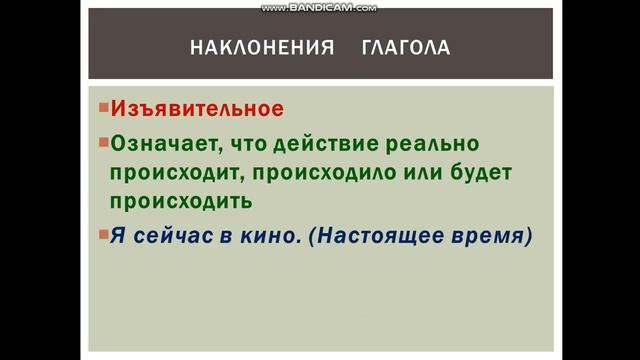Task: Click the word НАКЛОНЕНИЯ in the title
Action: (261, 47)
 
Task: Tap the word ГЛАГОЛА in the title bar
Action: (405, 47)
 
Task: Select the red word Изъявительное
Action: (197, 109)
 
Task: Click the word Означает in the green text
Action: (164, 142)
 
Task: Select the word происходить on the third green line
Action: (181, 202)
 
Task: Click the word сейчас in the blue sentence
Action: (173, 237)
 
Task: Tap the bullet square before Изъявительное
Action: (103, 107)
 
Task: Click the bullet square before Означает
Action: (103, 141)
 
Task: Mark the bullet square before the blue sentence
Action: (103, 236)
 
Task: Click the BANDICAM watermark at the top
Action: (319, 7)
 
